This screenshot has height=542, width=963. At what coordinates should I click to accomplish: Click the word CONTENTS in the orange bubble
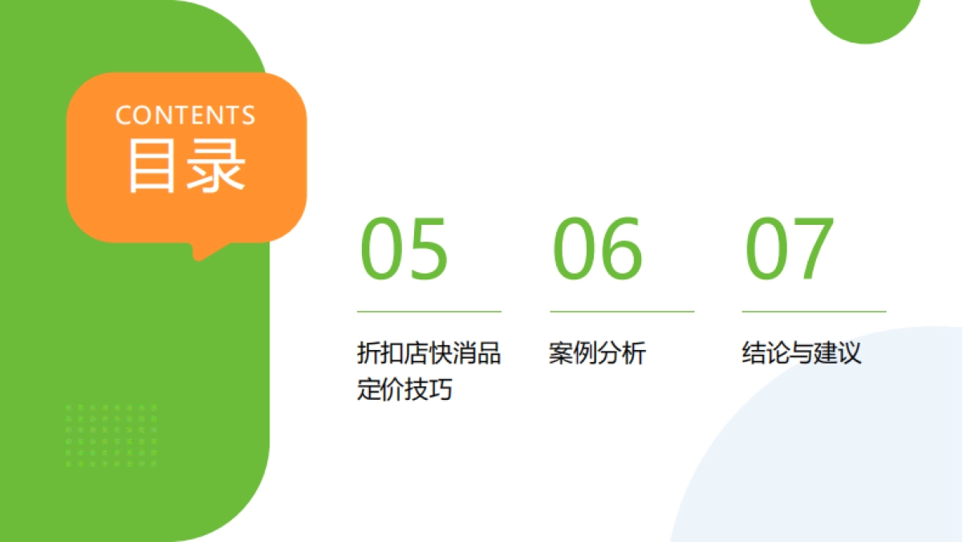click(185, 115)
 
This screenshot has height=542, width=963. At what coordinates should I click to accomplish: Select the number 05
click(403, 248)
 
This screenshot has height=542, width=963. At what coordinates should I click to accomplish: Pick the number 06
click(597, 248)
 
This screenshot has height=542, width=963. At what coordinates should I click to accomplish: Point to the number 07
click(790, 248)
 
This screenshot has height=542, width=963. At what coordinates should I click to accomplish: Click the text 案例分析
click(597, 353)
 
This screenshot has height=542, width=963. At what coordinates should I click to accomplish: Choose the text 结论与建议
click(801, 353)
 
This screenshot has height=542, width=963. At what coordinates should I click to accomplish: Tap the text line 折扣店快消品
click(429, 353)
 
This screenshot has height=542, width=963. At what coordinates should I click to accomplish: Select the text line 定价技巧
click(404, 389)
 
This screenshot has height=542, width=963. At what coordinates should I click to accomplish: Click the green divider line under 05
click(429, 311)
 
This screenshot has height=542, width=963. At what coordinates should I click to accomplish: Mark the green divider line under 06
click(621, 311)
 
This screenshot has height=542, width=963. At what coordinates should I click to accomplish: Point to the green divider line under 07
click(814, 311)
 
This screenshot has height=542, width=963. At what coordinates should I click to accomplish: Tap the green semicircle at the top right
click(865, 16)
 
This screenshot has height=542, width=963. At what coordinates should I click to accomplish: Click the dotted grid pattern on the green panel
click(112, 436)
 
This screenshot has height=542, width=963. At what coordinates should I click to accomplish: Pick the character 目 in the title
click(152, 166)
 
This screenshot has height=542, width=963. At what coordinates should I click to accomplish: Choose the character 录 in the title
click(215, 166)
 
